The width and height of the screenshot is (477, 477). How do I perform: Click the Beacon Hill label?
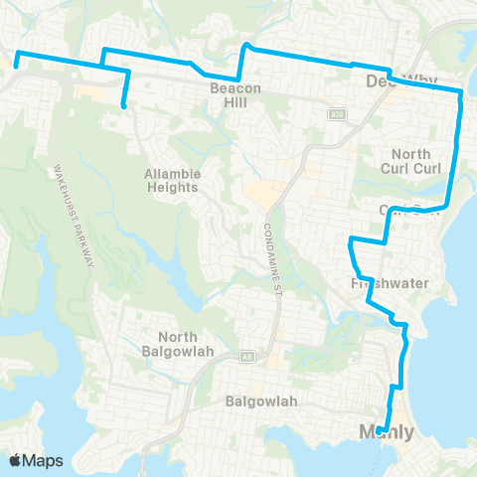tap(235, 96)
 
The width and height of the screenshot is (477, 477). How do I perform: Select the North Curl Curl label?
tap(411, 161)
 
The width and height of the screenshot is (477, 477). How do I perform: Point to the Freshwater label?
tap(390, 283)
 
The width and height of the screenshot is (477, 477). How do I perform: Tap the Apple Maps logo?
tap(35, 460)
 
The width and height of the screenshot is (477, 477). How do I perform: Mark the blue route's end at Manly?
tap(384, 430)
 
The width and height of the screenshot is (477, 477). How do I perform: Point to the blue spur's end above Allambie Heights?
tap(123, 105)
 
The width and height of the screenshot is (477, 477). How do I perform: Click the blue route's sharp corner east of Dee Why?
tap(461, 92)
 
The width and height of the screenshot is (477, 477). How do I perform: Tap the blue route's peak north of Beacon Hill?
tap(247, 45)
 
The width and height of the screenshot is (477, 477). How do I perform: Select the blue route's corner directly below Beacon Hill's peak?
tap(239, 79)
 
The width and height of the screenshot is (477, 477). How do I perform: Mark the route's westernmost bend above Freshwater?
tap(350, 240)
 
